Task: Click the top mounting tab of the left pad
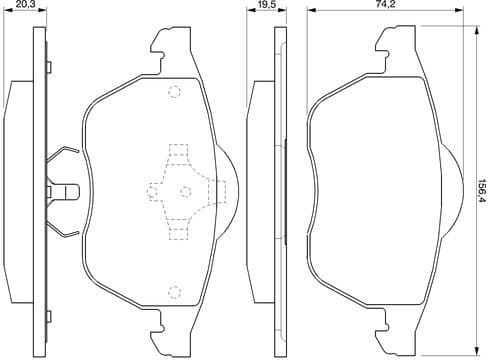[165, 45]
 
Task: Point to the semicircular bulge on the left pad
[231, 189]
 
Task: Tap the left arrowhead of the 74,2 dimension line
[310, 13]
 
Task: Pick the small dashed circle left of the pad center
[152, 190]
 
